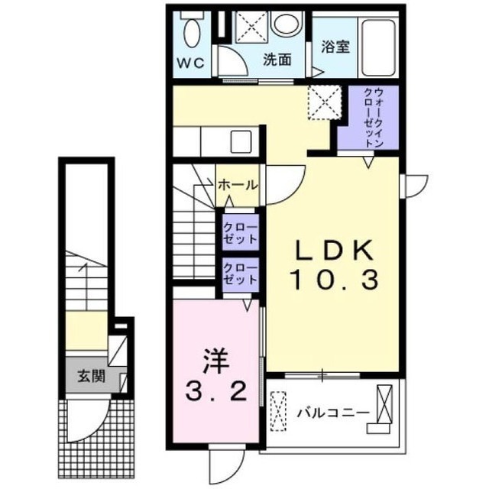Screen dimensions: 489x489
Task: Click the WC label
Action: point(191,63)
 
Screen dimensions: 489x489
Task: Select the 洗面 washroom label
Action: point(278,60)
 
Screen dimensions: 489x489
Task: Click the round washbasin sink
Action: point(287,24)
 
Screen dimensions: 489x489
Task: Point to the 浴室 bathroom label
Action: point(335,46)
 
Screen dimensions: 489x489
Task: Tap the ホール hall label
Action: point(238,185)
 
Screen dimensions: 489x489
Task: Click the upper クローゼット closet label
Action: point(240,231)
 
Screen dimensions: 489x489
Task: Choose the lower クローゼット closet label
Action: point(240,274)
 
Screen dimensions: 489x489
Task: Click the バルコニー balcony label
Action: point(333,413)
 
